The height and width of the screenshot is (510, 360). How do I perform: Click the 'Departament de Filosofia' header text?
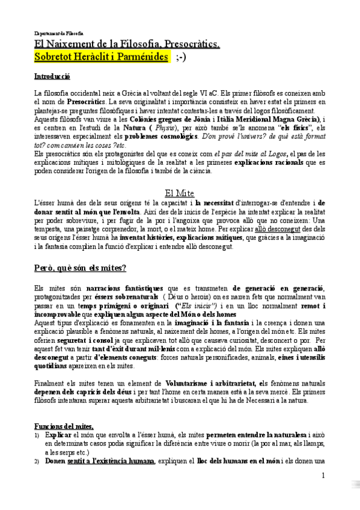coord(59,33)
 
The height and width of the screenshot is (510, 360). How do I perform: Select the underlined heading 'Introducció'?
coord(52,77)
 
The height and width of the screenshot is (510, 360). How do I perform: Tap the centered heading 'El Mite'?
coord(179,192)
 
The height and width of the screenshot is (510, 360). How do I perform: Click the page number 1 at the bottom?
coord(323,476)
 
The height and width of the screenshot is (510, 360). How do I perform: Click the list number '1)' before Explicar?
coord(37,435)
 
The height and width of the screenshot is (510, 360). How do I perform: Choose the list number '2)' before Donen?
coord(37,461)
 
